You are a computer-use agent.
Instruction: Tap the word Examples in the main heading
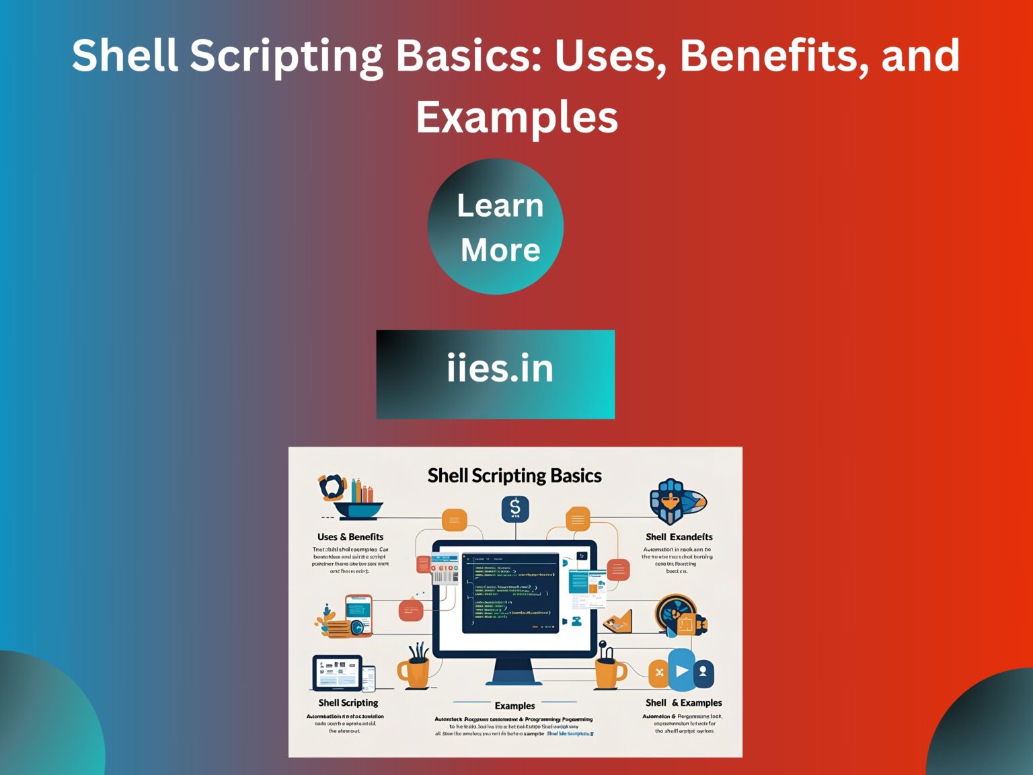click(x=516, y=117)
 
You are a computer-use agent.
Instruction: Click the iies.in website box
click(x=496, y=374)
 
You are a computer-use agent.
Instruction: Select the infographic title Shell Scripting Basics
click(x=514, y=476)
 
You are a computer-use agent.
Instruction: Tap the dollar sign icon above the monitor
click(x=515, y=509)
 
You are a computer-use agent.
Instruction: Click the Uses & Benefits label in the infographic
click(x=350, y=537)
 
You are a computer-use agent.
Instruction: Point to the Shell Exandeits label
click(x=679, y=537)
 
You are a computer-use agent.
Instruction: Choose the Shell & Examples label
click(x=683, y=702)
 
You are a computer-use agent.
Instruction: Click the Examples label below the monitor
click(x=514, y=706)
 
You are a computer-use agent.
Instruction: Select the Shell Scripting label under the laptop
click(x=348, y=702)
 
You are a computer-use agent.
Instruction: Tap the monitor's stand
click(x=514, y=672)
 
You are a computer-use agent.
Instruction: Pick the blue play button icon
click(x=681, y=671)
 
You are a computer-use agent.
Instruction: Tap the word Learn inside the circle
click(x=500, y=205)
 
